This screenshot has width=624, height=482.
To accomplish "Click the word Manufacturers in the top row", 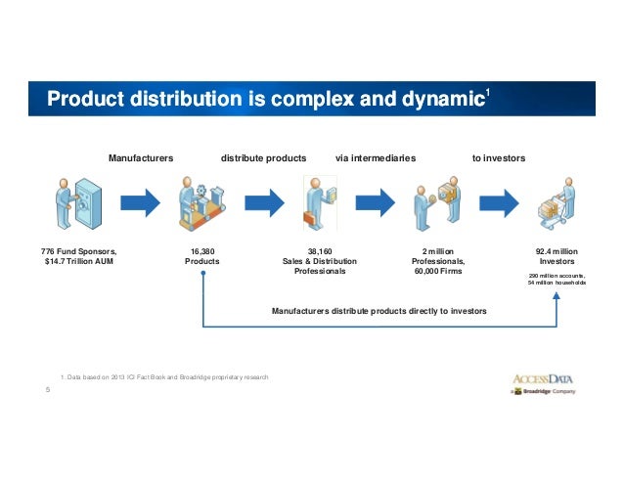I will coord(141,156).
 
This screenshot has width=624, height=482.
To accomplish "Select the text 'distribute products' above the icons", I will coord(264,156).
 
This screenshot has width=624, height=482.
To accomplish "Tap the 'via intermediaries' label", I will coord(376,156).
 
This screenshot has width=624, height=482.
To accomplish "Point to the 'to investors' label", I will coord(498,156).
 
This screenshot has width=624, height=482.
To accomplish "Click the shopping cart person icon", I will coord(555,204).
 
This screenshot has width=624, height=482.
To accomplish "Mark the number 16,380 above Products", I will coord(202,251).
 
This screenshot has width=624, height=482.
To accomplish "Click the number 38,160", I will coord(320,251).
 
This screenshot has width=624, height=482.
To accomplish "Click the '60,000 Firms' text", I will coord(437,272).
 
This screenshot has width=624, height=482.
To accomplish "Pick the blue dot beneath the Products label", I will coord(202,275).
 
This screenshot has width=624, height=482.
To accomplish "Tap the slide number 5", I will coord(48,390).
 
